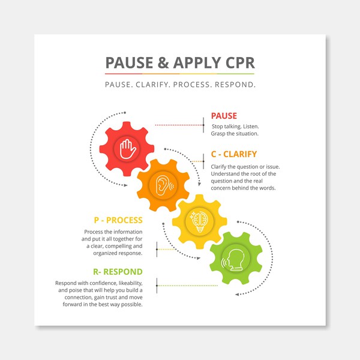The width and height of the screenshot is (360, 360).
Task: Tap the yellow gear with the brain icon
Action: (200, 220)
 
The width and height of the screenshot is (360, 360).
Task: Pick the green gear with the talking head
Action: (236, 260)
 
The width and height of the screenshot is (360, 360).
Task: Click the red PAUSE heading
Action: (224, 116)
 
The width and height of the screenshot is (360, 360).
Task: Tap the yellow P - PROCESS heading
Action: (118, 220)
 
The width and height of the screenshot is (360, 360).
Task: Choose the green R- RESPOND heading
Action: (118, 271)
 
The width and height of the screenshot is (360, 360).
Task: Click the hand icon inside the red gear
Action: (127, 149)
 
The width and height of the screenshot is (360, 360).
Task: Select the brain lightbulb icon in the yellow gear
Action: (200, 220)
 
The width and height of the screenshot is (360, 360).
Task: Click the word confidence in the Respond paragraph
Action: (103, 283)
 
